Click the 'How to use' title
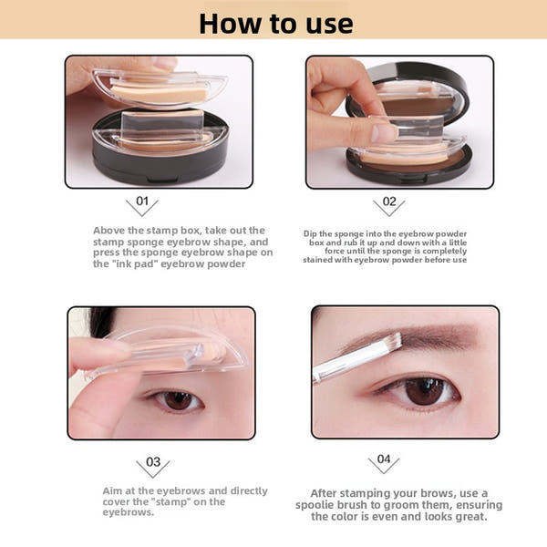click(274, 22)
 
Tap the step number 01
click(141, 201)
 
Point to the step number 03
click(152, 461)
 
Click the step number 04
click(384, 459)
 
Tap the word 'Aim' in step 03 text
click(113, 490)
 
